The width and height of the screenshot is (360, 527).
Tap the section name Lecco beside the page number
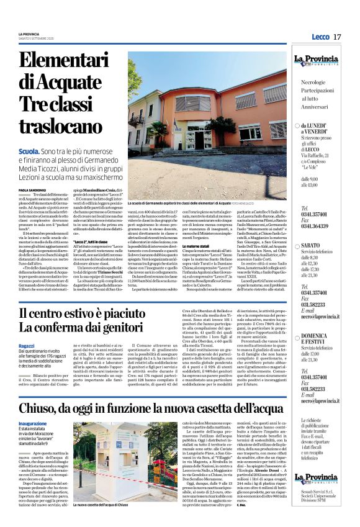318,37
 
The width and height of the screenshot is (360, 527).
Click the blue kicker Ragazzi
27,346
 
